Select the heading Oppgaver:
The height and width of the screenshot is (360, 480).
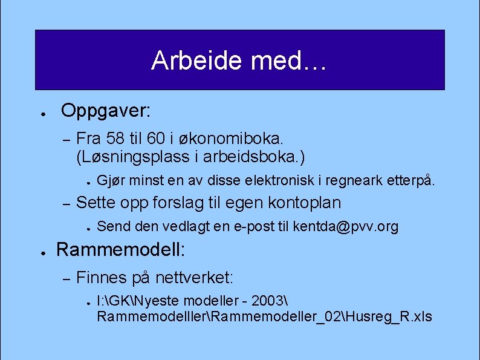click(x=106, y=111)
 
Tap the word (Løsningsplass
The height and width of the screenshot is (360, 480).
click(x=130, y=157)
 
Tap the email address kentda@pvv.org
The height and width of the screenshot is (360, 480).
click(x=346, y=227)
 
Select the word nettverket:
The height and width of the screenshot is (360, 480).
click(x=194, y=278)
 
